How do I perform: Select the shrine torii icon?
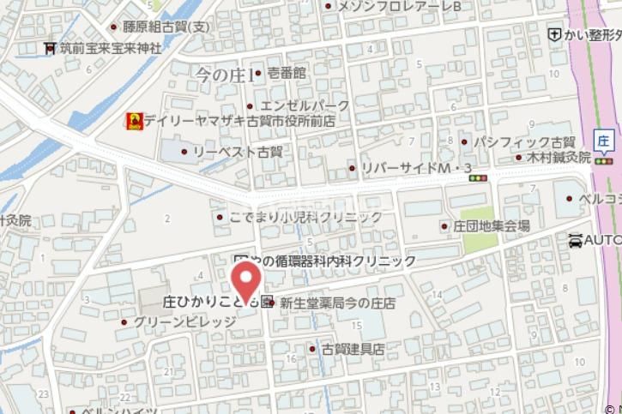50,49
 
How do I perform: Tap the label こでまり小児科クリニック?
305,217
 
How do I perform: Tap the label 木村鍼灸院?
559,158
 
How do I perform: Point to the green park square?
477,218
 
